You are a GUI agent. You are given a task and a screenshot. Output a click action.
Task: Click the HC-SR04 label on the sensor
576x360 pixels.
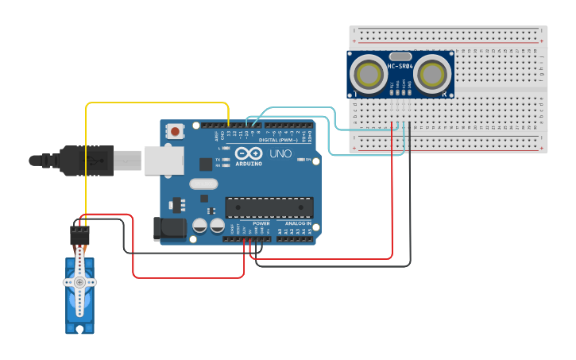coord(400,66)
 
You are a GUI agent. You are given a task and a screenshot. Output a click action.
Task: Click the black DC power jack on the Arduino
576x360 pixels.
coord(169,230)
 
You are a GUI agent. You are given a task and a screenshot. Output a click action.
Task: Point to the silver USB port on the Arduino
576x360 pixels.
coord(164,160)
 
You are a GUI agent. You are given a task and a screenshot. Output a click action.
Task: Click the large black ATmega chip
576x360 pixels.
coord(269,207)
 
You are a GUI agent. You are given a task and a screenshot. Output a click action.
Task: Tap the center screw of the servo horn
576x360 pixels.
coord(79,282)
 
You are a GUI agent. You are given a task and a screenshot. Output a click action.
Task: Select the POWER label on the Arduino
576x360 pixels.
coord(261,224)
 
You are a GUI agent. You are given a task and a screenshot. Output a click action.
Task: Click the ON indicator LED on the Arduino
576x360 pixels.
coord(300,160)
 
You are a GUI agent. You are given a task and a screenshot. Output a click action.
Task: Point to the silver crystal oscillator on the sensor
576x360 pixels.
coord(400,56)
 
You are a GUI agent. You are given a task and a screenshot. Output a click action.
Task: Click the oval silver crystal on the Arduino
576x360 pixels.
coord(203,184)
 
